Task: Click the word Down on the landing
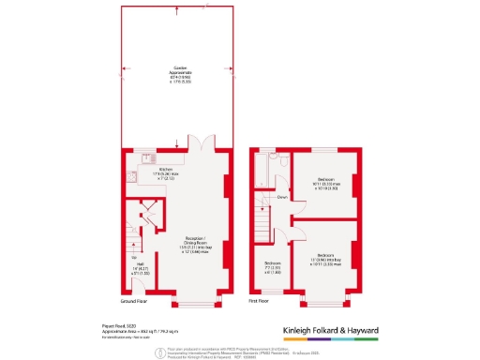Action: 281,198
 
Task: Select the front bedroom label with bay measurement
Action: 326,258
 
